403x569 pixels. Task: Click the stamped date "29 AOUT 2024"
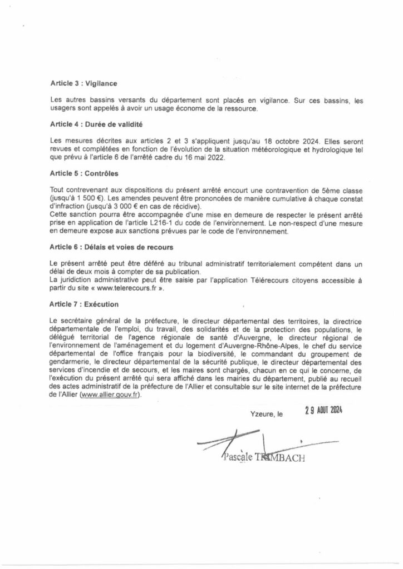324,411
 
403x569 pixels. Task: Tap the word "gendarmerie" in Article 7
70,360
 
